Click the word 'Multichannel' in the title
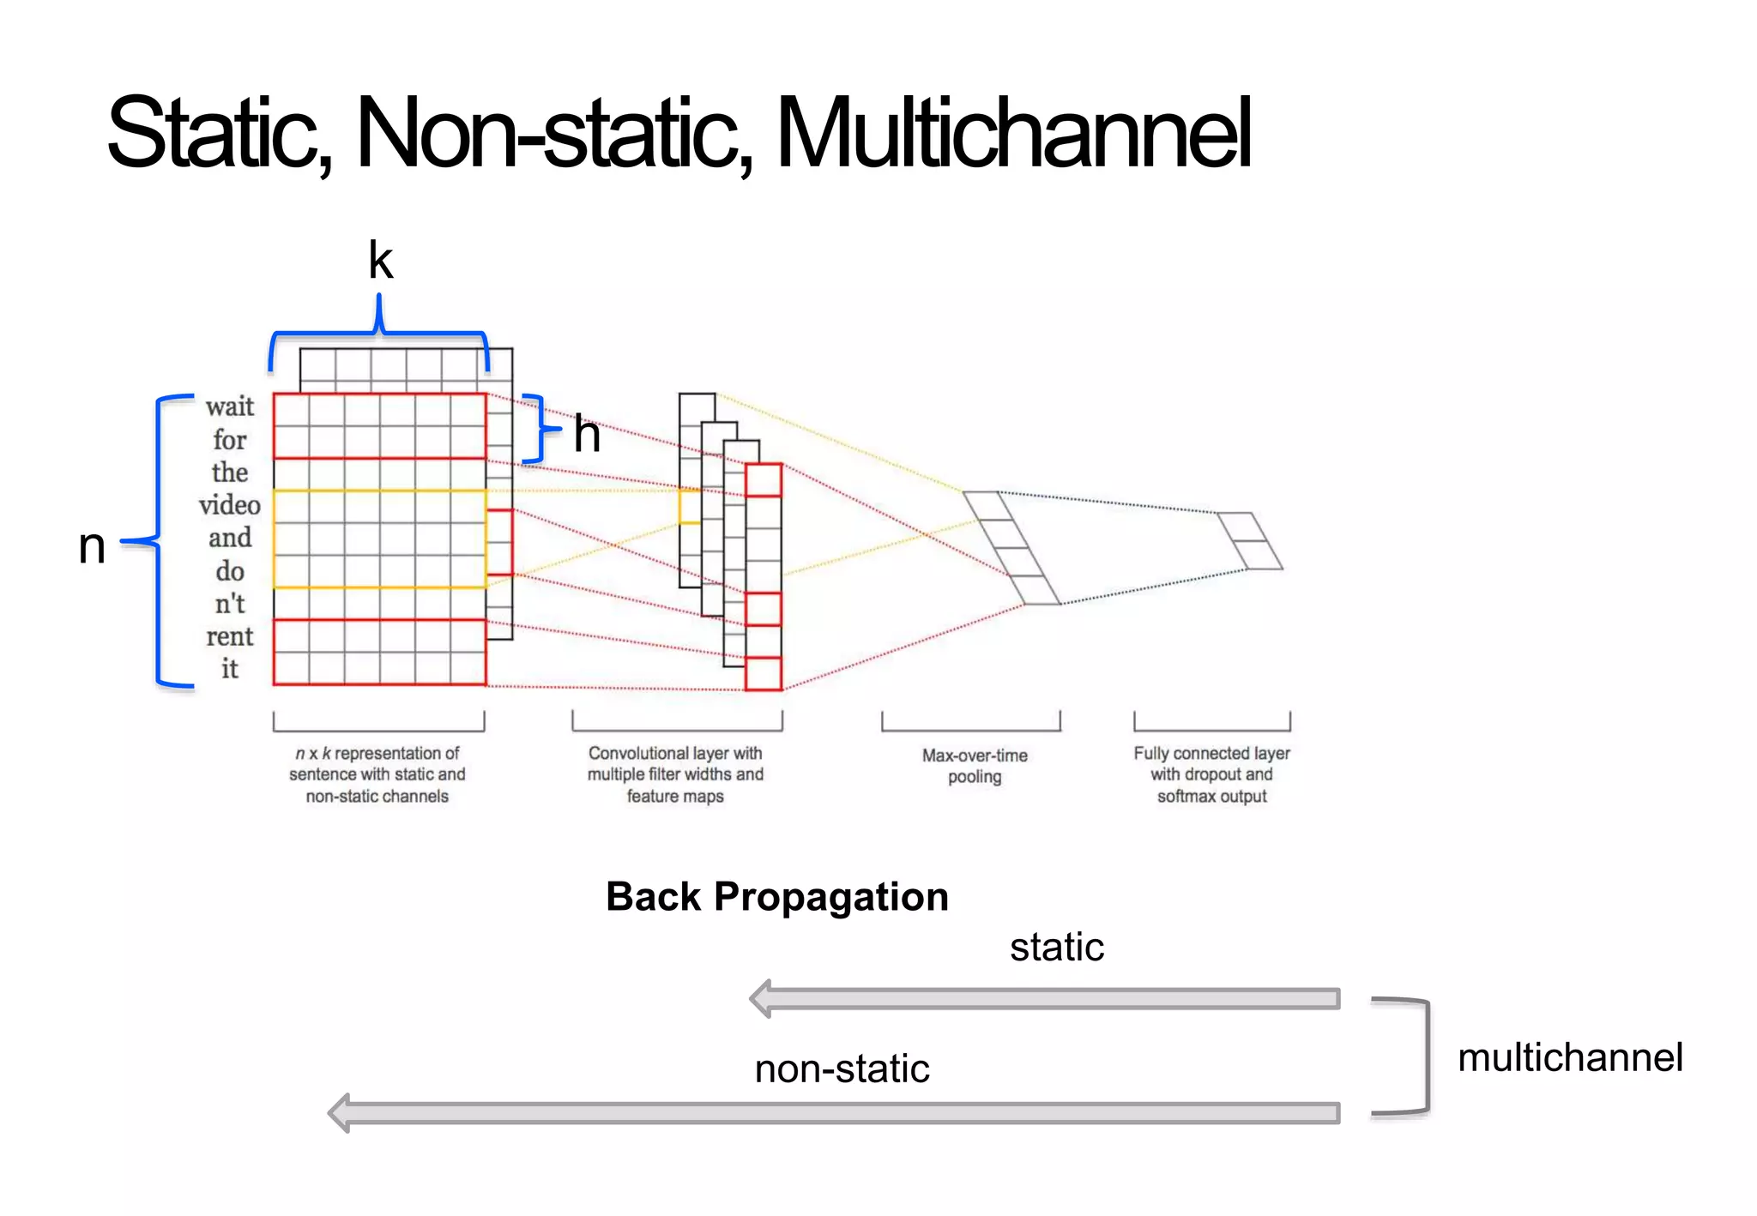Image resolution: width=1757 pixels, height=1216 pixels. click(x=1012, y=133)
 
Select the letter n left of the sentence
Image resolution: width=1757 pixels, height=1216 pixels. click(x=92, y=545)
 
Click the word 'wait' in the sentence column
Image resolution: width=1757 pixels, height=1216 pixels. click(x=230, y=406)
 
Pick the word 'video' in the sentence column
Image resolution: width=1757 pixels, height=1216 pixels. click(x=229, y=504)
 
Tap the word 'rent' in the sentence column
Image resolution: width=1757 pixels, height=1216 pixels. click(x=229, y=636)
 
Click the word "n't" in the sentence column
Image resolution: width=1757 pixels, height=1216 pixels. click(x=229, y=604)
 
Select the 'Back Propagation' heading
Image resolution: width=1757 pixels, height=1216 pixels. click(x=776, y=896)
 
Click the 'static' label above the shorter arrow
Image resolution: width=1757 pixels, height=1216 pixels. click(x=1056, y=947)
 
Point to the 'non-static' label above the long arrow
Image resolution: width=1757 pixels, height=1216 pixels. click(x=842, y=1069)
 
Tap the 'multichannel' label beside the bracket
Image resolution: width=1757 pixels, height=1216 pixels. click(x=1569, y=1057)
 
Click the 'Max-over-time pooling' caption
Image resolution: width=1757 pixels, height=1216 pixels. click(x=975, y=766)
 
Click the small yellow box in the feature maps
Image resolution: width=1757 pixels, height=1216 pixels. click(x=689, y=506)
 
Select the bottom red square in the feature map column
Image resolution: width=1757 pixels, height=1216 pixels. click(x=763, y=673)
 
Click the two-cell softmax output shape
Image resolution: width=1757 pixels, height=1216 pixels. click(x=1249, y=541)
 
